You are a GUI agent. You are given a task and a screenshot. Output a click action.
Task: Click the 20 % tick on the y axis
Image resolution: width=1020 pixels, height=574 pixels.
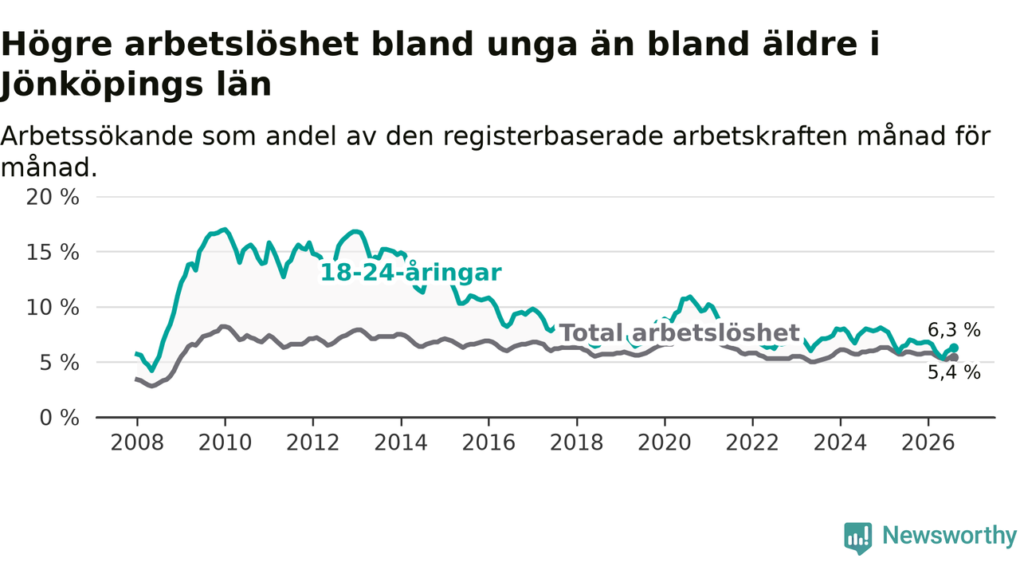(53, 197)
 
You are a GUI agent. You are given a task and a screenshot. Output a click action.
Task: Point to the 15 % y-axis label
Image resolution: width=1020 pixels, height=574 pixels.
(53, 253)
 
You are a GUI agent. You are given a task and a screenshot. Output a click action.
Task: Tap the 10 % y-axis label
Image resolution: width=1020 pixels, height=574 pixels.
(53, 308)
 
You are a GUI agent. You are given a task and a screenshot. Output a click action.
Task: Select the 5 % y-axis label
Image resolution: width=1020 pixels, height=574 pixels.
(59, 363)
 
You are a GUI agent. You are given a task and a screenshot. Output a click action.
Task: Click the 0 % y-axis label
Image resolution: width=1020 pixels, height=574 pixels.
(59, 418)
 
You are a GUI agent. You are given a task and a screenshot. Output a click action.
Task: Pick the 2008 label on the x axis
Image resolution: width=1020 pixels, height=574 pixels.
(137, 442)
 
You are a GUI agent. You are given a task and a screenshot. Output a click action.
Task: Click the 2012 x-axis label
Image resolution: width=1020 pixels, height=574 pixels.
(313, 442)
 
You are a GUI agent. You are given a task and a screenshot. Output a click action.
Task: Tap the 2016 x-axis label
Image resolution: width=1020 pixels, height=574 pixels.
(488, 442)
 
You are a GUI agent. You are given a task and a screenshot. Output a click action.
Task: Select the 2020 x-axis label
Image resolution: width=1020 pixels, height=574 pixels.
(665, 442)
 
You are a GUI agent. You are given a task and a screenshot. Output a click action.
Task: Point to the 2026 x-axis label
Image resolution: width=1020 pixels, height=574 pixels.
(928, 442)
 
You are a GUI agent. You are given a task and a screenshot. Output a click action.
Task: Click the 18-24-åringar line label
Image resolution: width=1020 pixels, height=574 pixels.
(410, 273)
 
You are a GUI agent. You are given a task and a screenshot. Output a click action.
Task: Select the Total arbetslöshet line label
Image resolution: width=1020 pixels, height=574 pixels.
(680, 332)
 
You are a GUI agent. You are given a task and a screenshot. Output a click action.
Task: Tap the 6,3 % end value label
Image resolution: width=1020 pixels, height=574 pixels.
(954, 330)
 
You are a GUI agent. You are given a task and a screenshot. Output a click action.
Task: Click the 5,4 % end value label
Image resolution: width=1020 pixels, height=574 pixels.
(954, 372)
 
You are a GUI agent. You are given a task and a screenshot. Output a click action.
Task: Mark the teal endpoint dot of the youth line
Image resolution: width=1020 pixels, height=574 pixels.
(954, 348)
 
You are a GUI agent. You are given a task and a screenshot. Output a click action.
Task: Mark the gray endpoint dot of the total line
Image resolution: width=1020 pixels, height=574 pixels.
(954, 358)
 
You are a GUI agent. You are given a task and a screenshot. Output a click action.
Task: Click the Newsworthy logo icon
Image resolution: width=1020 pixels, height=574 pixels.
(858, 538)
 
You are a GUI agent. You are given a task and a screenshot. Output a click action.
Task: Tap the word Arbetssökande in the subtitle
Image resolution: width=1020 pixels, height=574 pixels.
(96, 136)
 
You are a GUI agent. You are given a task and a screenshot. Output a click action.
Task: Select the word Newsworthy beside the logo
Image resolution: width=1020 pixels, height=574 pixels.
(950, 535)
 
